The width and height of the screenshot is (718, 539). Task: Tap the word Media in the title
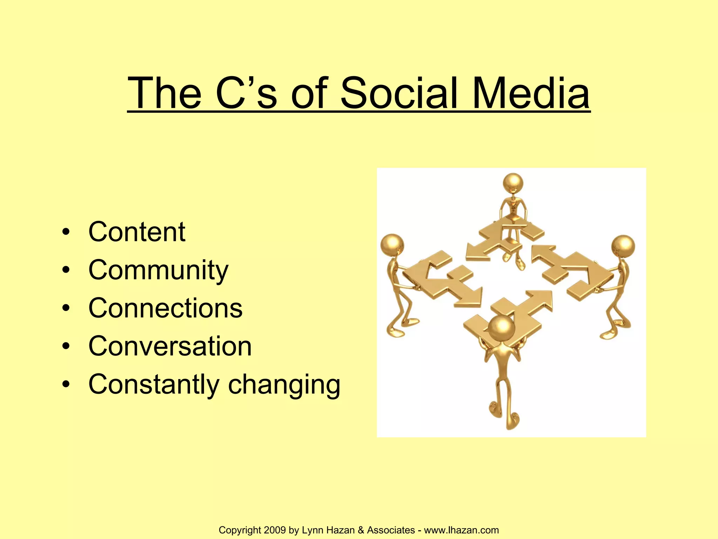531,93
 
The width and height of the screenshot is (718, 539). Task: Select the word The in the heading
165,93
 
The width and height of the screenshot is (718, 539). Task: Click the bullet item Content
137,232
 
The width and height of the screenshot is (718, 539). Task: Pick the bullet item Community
158,270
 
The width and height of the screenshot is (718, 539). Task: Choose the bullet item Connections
165,308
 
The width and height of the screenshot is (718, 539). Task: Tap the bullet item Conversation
170,346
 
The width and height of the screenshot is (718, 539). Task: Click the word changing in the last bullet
284,385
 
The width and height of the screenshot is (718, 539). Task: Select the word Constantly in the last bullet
154,384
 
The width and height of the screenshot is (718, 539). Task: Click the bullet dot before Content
66,233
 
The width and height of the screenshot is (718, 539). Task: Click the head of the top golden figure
513,183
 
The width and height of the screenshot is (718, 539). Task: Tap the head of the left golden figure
392,244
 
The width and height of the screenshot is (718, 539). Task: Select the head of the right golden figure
623,246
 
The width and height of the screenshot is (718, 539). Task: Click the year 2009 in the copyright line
275,530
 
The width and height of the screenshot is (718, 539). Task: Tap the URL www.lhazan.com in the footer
461,530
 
